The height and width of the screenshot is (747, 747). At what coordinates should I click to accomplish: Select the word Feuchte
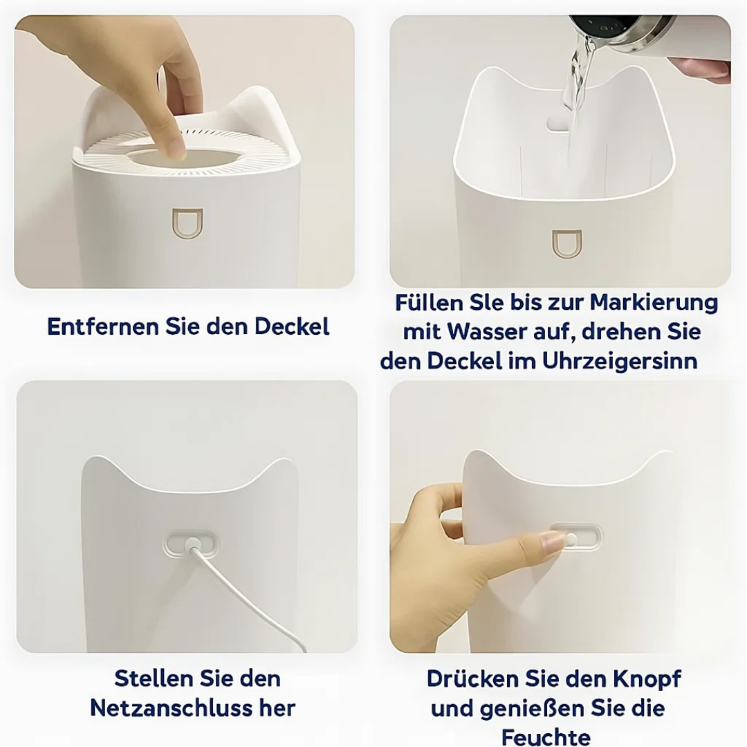click(546, 736)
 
